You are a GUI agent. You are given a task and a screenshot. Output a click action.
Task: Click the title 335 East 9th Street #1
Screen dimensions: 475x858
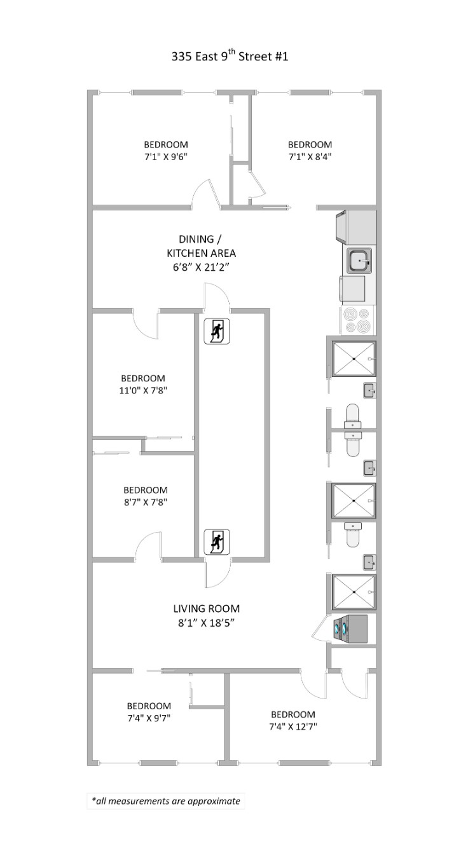pyautogui.click(x=230, y=57)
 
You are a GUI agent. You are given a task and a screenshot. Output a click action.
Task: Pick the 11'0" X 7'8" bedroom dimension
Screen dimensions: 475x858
pyautogui.click(x=143, y=390)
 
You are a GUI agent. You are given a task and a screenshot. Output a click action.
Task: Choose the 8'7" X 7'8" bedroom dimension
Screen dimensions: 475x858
pyautogui.click(x=146, y=502)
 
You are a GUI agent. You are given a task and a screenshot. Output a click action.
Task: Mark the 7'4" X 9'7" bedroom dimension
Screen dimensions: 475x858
pyautogui.click(x=149, y=718)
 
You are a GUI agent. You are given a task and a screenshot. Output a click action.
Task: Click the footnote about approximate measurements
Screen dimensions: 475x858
pyautogui.click(x=166, y=801)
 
